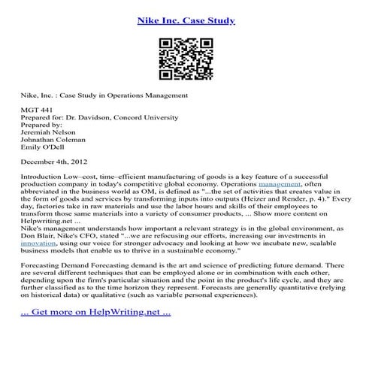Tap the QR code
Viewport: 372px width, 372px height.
(x=186, y=59)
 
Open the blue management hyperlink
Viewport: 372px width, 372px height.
(x=280, y=184)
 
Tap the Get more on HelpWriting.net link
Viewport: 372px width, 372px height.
(x=89, y=310)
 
